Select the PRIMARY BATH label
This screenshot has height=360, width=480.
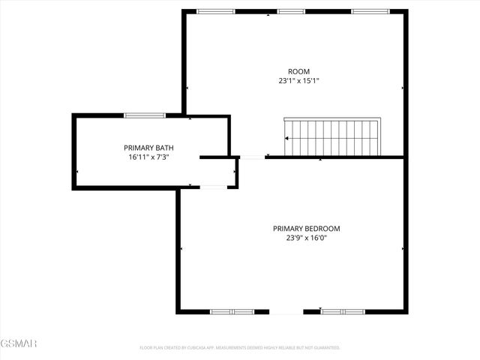point(148,148)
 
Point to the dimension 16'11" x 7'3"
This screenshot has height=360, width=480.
point(148,157)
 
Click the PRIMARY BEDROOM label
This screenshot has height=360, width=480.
point(306,229)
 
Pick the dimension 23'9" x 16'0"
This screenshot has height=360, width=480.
point(306,238)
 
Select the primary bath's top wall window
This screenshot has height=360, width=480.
point(145,115)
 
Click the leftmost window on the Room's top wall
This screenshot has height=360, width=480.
point(215,11)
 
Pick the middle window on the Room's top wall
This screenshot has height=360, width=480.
point(290,11)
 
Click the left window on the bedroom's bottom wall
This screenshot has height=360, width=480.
point(232,311)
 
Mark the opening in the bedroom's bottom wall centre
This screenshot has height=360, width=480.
point(286,311)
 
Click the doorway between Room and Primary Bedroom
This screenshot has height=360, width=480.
point(253,157)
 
